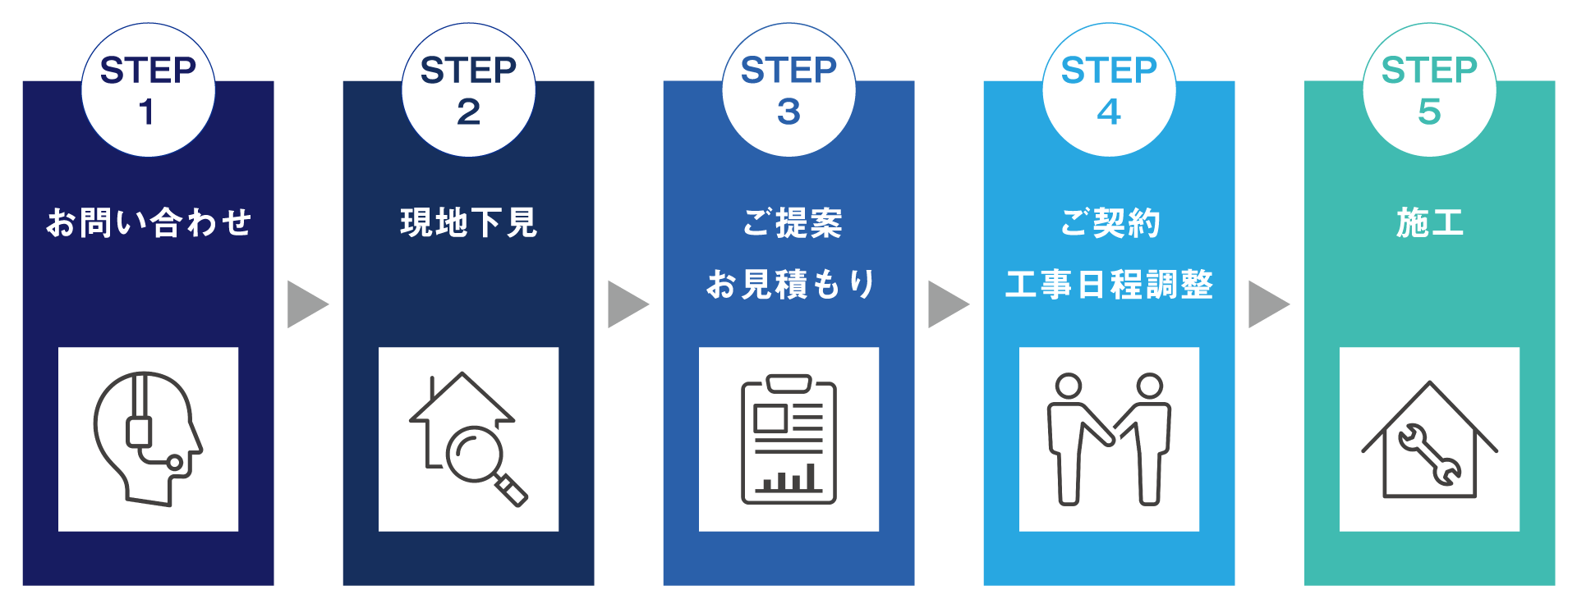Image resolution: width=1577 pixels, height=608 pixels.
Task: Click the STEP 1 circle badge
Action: (x=148, y=90)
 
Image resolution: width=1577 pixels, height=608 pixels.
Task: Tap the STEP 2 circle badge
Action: (x=468, y=90)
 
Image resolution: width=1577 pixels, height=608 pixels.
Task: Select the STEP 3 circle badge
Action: (x=788, y=90)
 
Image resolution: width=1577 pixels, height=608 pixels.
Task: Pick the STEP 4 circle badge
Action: (x=1109, y=90)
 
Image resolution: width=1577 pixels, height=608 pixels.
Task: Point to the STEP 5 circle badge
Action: (x=1429, y=90)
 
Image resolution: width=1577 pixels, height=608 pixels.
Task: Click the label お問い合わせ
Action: (x=148, y=222)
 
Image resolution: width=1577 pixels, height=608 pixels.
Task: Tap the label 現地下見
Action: (x=468, y=222)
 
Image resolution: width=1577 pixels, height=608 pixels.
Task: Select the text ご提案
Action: (x=792, y=222)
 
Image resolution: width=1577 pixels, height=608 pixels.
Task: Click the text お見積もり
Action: (x=790, y=285)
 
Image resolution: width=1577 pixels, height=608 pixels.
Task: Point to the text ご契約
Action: (x=1110, y=222)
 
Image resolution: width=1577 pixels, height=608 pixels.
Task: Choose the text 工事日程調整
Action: (x=1109, y=285)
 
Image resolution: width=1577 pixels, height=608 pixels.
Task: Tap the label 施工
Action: (x=1429, y=222)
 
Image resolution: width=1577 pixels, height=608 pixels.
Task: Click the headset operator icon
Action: (x=148, y=439)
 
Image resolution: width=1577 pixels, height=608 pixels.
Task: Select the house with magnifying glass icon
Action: (x=468, y=439)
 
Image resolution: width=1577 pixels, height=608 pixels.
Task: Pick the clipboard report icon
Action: (x=788, y=439)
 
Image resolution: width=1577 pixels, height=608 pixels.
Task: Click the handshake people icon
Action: (x=1109, y=439)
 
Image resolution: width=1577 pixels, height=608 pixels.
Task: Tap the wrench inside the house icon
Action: (x=1430, y=454)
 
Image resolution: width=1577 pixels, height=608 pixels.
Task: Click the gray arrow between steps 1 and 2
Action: (x=306, y=304)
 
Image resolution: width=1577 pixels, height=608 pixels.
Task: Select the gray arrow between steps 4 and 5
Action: (x=1267, y=304)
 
